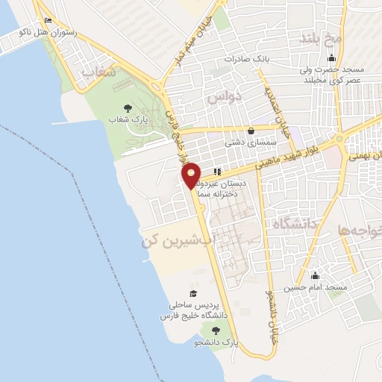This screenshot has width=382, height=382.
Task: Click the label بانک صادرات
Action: click(248, 57)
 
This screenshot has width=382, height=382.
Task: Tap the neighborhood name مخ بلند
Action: click(322, 37)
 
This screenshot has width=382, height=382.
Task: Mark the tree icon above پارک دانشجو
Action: click(216, 331)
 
